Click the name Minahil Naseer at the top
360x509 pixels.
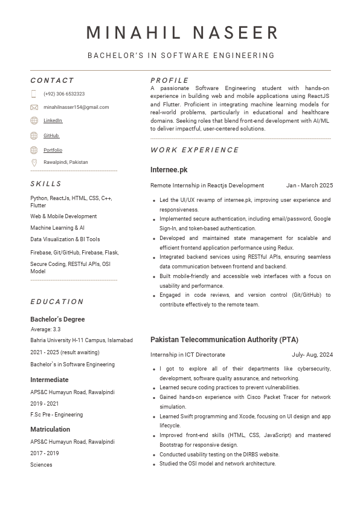tap(182, 33)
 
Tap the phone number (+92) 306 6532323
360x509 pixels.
tap(64, 94)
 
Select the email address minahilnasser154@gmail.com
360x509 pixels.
tap(76, 107)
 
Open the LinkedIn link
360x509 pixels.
tap(53, 121)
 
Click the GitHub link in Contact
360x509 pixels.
tap(51, 135)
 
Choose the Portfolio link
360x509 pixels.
tap(53, 150)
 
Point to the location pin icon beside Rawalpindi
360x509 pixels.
tap(34, 163)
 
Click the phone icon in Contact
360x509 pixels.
tap(34, 94)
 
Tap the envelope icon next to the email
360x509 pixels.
tap(34, 107)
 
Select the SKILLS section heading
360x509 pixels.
tap(46, 184)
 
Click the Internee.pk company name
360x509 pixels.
tap(169, 170)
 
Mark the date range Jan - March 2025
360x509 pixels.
tap(309, 186)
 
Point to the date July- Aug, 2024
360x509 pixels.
tap(312, 355)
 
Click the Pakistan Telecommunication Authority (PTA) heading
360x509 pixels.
tap(224, 340)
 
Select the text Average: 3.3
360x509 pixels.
tap(45, 329)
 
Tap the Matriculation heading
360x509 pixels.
tap(50, 430)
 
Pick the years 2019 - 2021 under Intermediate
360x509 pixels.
tap(45, 404)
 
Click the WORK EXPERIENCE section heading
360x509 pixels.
tap(194, 150)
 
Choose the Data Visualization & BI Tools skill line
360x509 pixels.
tap(65, 239)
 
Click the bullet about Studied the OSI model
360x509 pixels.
tap(217, 464)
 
